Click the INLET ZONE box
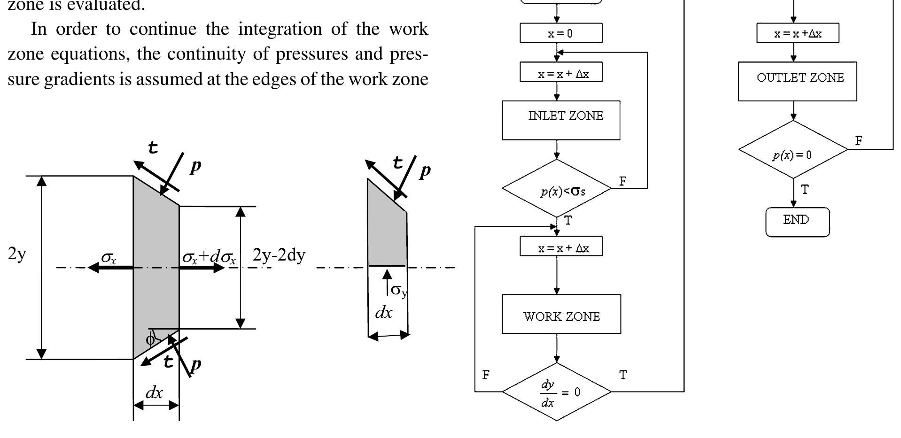coord(561,120)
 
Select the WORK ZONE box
coord(561,314)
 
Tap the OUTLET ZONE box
coord(797,81)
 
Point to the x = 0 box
coord(560,33)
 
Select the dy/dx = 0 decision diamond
coord(557,392)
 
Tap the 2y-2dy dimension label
coord(279,255)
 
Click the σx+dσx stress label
coord(209,257)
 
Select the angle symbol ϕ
coord(150,339)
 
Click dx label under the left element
coord(154,392)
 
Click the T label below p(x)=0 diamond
coord(805,190)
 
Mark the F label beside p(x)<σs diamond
coord(623,181)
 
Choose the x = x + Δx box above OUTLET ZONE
coord(797,33)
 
